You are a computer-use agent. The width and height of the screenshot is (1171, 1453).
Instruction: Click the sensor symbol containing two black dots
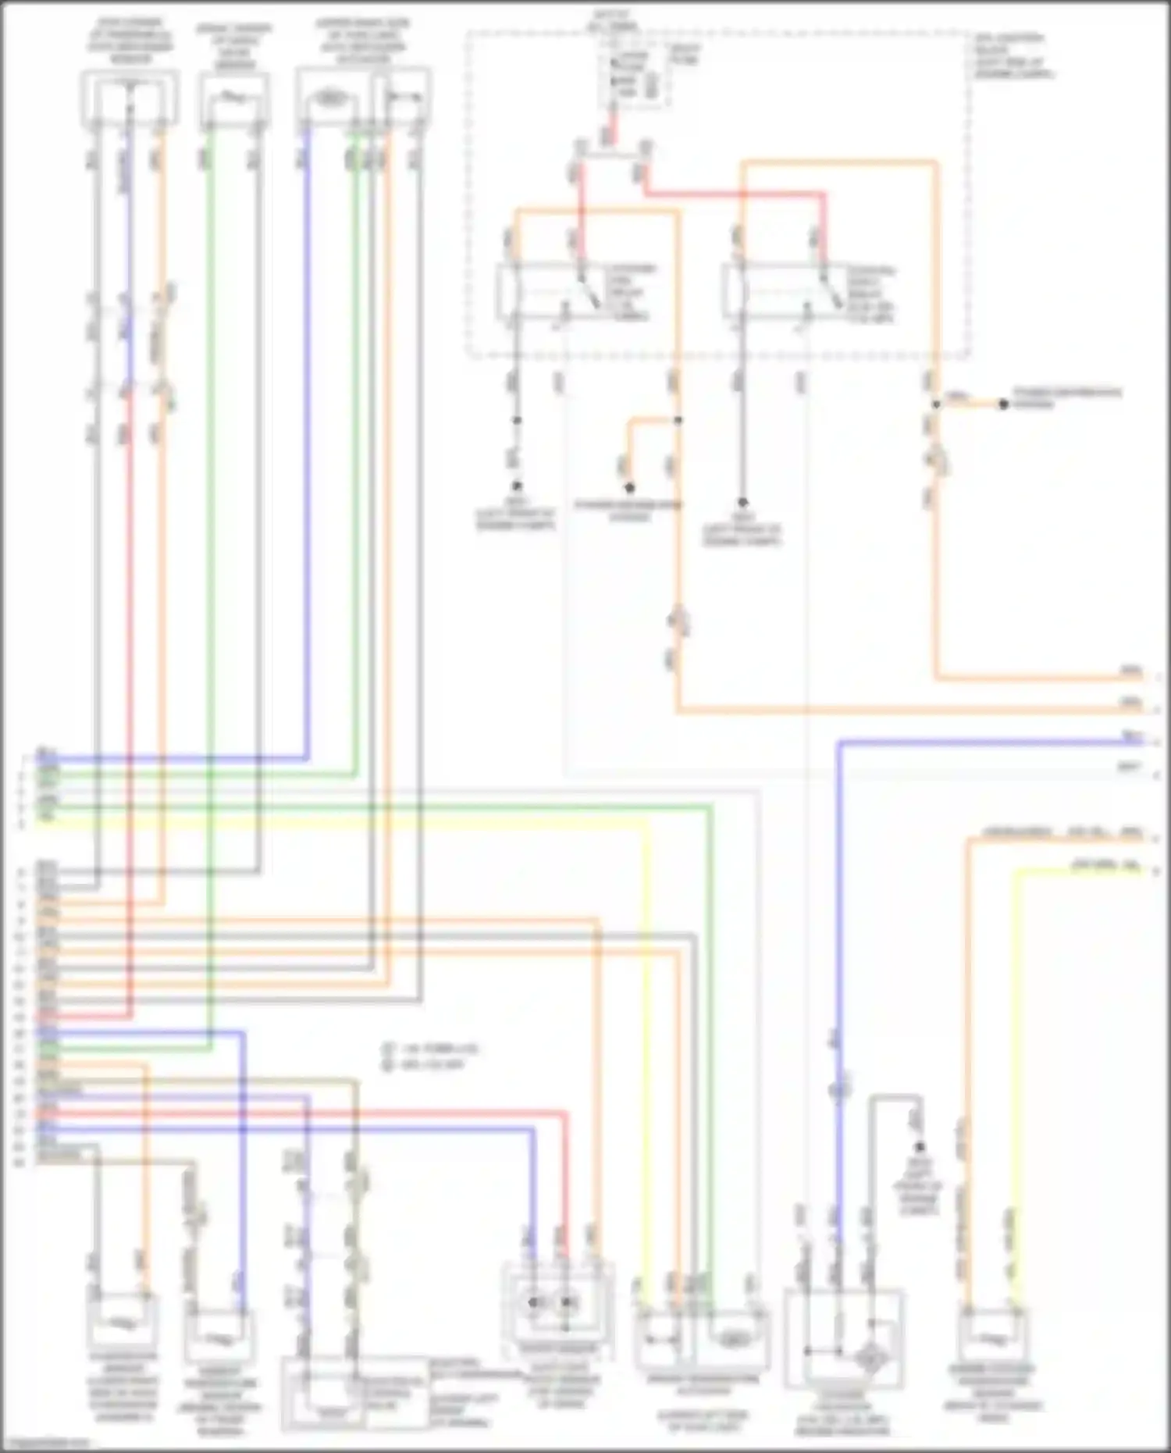(551, 1302)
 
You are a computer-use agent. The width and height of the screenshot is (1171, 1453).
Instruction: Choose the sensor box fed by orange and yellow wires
(990, 1337)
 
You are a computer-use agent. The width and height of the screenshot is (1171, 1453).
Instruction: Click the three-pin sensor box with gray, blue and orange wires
(130, 98)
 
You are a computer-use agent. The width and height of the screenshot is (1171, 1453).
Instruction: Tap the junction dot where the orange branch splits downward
(678, 420)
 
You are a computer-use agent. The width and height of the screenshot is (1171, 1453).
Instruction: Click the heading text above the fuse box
(621, 20)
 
